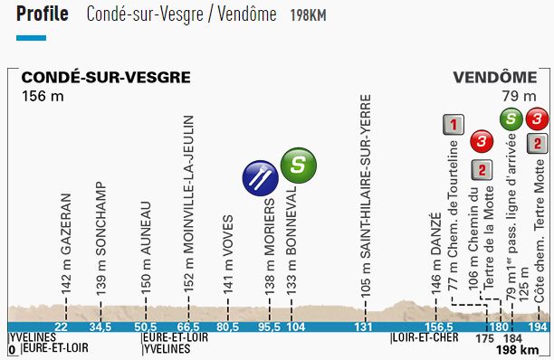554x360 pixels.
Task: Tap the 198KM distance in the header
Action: coord(309,16)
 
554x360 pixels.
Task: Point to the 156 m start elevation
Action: coord(44,95)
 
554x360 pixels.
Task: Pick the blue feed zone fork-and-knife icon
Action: coord(261,176)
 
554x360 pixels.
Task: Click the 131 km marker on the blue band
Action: coord(363,327)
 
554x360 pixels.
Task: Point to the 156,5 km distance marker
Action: coord(437,327)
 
